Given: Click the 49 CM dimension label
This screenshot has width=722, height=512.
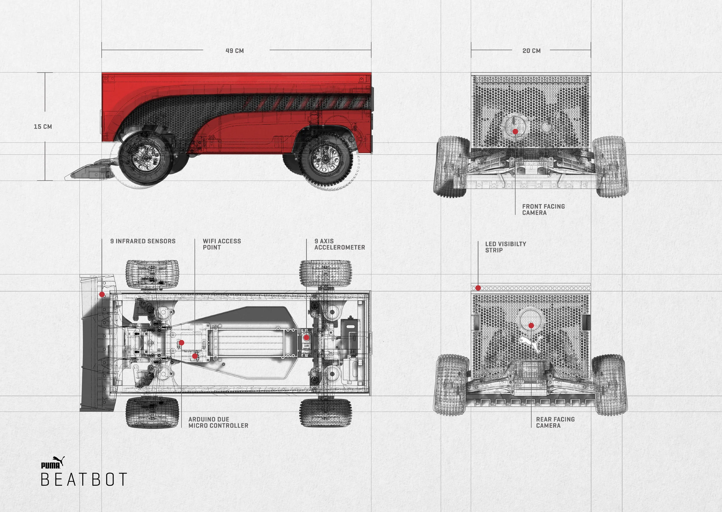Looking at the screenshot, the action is pos(235,51).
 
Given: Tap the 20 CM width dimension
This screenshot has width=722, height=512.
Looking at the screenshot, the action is pos(532,51).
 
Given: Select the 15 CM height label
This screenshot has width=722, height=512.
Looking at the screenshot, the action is pos(43,126).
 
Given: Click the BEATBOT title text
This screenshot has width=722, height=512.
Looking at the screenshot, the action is pos(84,479).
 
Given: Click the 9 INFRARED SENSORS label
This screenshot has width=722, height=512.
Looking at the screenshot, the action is pos(143,241).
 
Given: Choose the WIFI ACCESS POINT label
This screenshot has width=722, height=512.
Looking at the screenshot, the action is pos(222,244).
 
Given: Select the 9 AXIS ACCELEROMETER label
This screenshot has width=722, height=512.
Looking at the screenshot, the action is pos(340,244).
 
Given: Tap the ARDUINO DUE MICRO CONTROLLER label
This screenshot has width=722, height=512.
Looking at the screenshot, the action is pos(218,422).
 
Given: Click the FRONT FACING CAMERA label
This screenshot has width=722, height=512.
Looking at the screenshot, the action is pos(543,210).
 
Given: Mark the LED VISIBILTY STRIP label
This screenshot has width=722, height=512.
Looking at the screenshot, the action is pos(505,247).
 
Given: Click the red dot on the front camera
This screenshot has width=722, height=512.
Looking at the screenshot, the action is pos(515,131).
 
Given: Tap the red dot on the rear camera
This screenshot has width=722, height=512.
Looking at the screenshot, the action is pos(531,325).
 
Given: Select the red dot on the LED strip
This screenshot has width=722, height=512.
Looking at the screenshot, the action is pos(478,288).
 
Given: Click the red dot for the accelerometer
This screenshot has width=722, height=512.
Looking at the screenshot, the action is pos(306,338).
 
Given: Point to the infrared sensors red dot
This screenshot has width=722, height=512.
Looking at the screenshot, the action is pos(102,295).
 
